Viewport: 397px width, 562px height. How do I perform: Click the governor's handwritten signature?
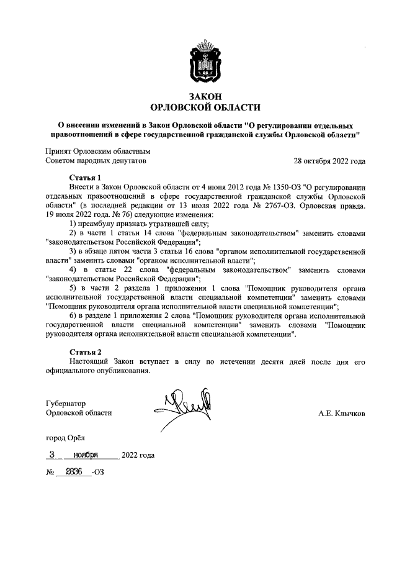(186, 407)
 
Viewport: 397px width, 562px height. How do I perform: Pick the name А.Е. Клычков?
(341, 413)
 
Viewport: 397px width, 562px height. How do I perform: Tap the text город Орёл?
(68, 438)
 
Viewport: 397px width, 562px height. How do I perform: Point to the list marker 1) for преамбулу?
(73, 223)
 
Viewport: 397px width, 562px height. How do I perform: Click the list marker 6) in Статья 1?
(73, 317)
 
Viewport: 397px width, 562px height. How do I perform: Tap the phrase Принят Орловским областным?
(98, 151)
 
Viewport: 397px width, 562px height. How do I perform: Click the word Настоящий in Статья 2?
(91, 361)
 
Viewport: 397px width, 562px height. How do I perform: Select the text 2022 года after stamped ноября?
(138, 455)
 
